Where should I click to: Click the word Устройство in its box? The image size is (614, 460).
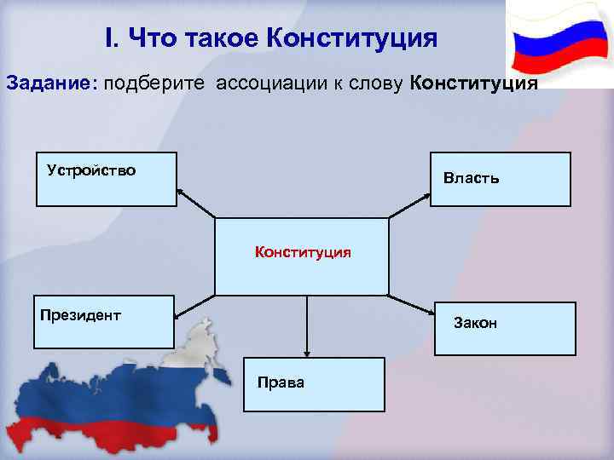tap(91, 170)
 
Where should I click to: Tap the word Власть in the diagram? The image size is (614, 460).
tap(472, 179)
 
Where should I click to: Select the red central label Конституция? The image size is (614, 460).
tap(303, 252)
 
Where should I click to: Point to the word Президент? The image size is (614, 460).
tap(80, 314)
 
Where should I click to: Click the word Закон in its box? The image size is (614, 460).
tap(477, 323)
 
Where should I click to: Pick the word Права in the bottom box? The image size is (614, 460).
tap(281, 382)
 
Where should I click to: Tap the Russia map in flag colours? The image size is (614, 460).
tap(119, 392)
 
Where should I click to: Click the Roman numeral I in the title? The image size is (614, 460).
tap(110, 39)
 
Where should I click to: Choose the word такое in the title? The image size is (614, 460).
tap(217, 39)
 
